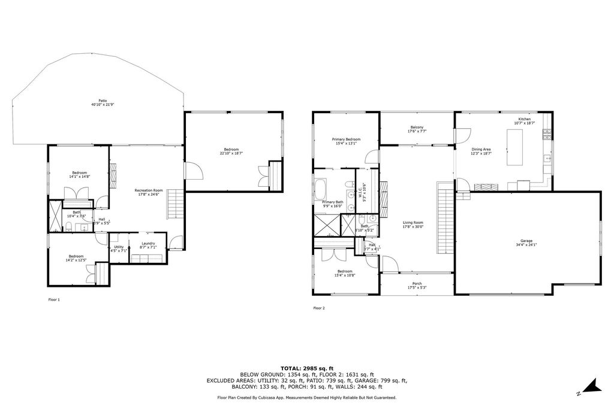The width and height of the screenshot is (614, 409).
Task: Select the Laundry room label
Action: [x=148, y=245]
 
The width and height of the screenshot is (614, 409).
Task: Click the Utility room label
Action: [x=119, y=249]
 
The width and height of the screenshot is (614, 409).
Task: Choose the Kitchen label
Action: [x=525, y=120]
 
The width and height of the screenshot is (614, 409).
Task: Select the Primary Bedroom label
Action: [x=346, y=141]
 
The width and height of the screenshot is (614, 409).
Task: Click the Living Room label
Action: [x=413, y=224]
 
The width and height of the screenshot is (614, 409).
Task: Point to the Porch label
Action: [x=417, y=285]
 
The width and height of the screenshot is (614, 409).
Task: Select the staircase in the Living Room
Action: [x=444, y=219]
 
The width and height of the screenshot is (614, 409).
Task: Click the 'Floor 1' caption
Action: [x=54, y=299]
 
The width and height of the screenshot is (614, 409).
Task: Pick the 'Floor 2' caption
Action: [x=319, y=308]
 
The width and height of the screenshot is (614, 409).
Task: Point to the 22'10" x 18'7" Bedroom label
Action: [x=231, y=151]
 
